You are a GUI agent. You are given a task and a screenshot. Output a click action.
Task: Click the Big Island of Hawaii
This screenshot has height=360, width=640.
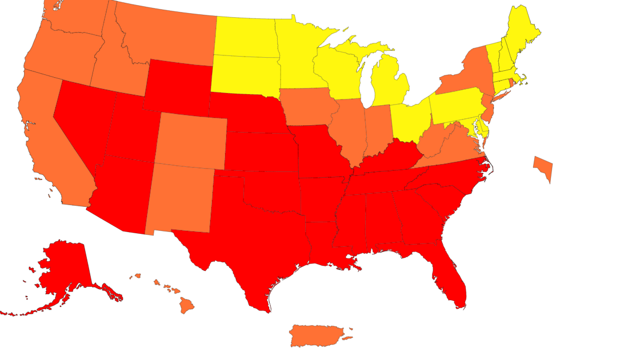click(x=187, y=305)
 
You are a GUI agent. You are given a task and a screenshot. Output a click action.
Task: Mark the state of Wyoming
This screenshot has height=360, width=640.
click(x=177, y=86)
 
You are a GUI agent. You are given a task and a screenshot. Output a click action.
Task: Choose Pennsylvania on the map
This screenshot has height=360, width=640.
click(x=460, y=106)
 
